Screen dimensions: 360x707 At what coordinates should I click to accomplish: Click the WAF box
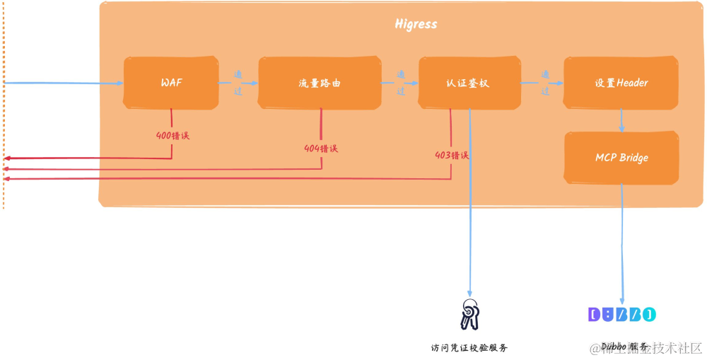click(170, 83)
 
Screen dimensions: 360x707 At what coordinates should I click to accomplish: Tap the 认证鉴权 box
click(467, 83)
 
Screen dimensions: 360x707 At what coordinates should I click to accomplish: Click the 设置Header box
click(621, 83)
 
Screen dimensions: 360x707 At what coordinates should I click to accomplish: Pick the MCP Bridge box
click(621, 157)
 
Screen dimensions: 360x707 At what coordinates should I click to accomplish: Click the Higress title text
click(416, 24)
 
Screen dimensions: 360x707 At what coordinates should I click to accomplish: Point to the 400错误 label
click(173, 134)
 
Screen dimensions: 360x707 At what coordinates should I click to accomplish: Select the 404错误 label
click(321, 149)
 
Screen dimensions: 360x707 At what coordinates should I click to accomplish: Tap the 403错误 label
click(452, 156)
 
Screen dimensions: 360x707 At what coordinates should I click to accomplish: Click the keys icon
click(469, 314)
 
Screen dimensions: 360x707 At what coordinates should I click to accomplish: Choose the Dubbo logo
click(622, 314)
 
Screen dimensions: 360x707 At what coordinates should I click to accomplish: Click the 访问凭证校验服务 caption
click(469, 347)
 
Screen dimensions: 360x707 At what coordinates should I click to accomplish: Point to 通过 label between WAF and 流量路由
click(238, 82)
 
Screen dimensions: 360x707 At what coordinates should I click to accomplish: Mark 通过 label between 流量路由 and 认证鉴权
click(400, 82)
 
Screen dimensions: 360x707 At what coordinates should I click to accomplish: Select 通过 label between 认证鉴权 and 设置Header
click(545, 82)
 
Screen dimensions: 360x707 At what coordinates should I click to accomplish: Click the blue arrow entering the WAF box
click(64, 83)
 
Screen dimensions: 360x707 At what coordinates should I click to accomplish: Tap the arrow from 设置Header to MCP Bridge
click(621, 120)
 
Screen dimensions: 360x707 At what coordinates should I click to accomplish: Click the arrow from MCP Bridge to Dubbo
click(622, 240)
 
